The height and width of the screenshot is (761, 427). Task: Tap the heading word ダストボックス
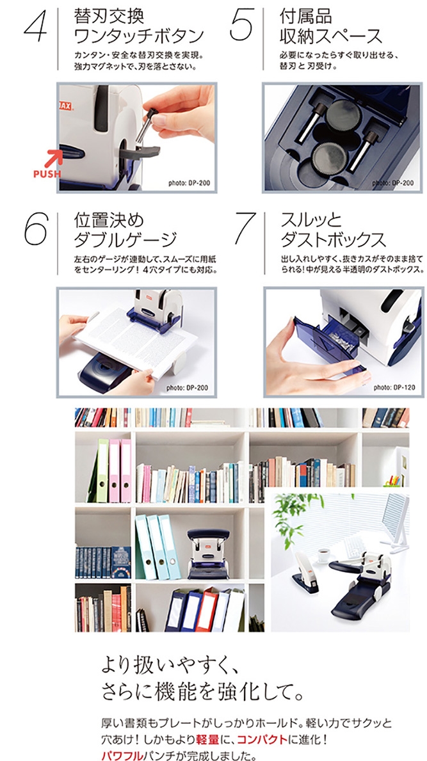tap(333, 239)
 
